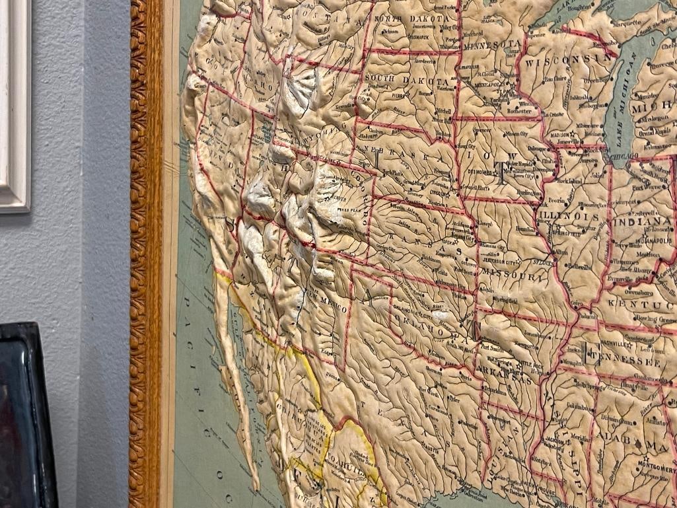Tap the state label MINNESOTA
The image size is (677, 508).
(492, 46)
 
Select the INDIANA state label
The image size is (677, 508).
(640, 221)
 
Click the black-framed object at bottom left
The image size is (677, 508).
(26, 416)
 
